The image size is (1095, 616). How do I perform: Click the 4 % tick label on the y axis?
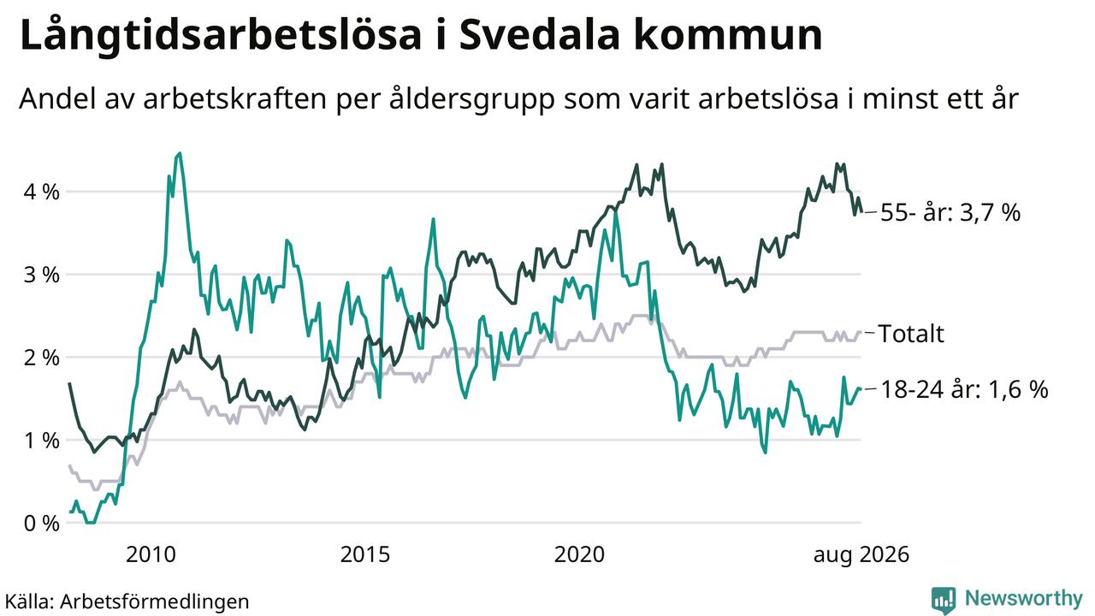(42, 192)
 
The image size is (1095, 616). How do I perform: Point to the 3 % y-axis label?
(42, 275)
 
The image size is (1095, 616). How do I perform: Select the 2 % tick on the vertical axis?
(42, 358)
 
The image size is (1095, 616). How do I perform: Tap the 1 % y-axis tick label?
(42, 441)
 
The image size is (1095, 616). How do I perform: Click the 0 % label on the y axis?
(42, 524)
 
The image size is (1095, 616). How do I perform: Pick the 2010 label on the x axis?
(151, 555)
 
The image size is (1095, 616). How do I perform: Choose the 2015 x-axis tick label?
(365, 555)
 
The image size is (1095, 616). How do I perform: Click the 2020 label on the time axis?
(579, 555)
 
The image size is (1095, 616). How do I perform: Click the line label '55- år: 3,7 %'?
(950, 213)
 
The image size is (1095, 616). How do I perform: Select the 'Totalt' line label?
(911, 334)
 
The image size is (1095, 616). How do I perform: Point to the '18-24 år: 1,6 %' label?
(964, 390)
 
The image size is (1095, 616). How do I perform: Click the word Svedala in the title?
(540, 35)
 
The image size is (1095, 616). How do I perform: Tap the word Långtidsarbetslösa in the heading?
(221, 37)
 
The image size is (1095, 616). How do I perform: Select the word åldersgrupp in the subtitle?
(472, 100)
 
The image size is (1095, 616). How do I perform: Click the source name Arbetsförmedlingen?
(155, 601)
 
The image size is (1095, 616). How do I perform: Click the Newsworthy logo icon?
(944, 601)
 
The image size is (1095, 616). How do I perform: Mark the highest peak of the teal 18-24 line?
(180, 153)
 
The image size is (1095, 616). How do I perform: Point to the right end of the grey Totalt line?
(860, 333)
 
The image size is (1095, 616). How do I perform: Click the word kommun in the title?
(729, 35)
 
